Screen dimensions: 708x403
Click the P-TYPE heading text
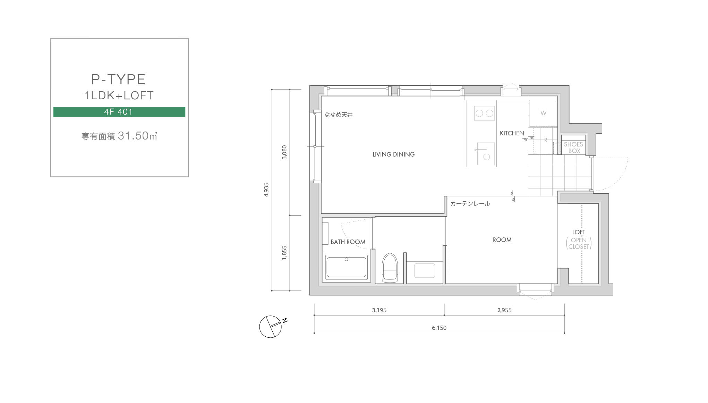click(x=118, y=79)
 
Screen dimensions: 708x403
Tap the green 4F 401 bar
click(x=119, y=112)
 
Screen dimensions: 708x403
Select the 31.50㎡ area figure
click(x=137, y=136)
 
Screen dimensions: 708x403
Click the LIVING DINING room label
click(x=393, y=154)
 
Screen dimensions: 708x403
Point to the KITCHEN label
click(x=512, y=133)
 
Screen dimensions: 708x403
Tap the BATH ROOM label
click(x=348, y=242)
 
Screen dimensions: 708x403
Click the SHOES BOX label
click(x=573, y=148)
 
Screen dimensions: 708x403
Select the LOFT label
click(x=579, y=232)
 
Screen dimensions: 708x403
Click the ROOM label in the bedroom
click(x=502, y=240)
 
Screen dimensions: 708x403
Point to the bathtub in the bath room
click(x=347, y=267)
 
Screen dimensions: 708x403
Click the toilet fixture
click(x=390, y=267)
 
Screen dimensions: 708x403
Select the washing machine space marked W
click(x=543, y=113)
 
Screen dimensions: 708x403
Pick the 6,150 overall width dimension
click(x=439, y=328)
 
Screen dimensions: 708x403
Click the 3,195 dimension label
click(x=379, y=310)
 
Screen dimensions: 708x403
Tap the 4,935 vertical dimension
click(x=266, y=190)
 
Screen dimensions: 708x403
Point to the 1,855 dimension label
click(x=284, y=253)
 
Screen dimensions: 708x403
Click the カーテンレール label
click(x=470, y=204)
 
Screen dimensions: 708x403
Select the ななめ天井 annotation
click(x=338, y=115)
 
